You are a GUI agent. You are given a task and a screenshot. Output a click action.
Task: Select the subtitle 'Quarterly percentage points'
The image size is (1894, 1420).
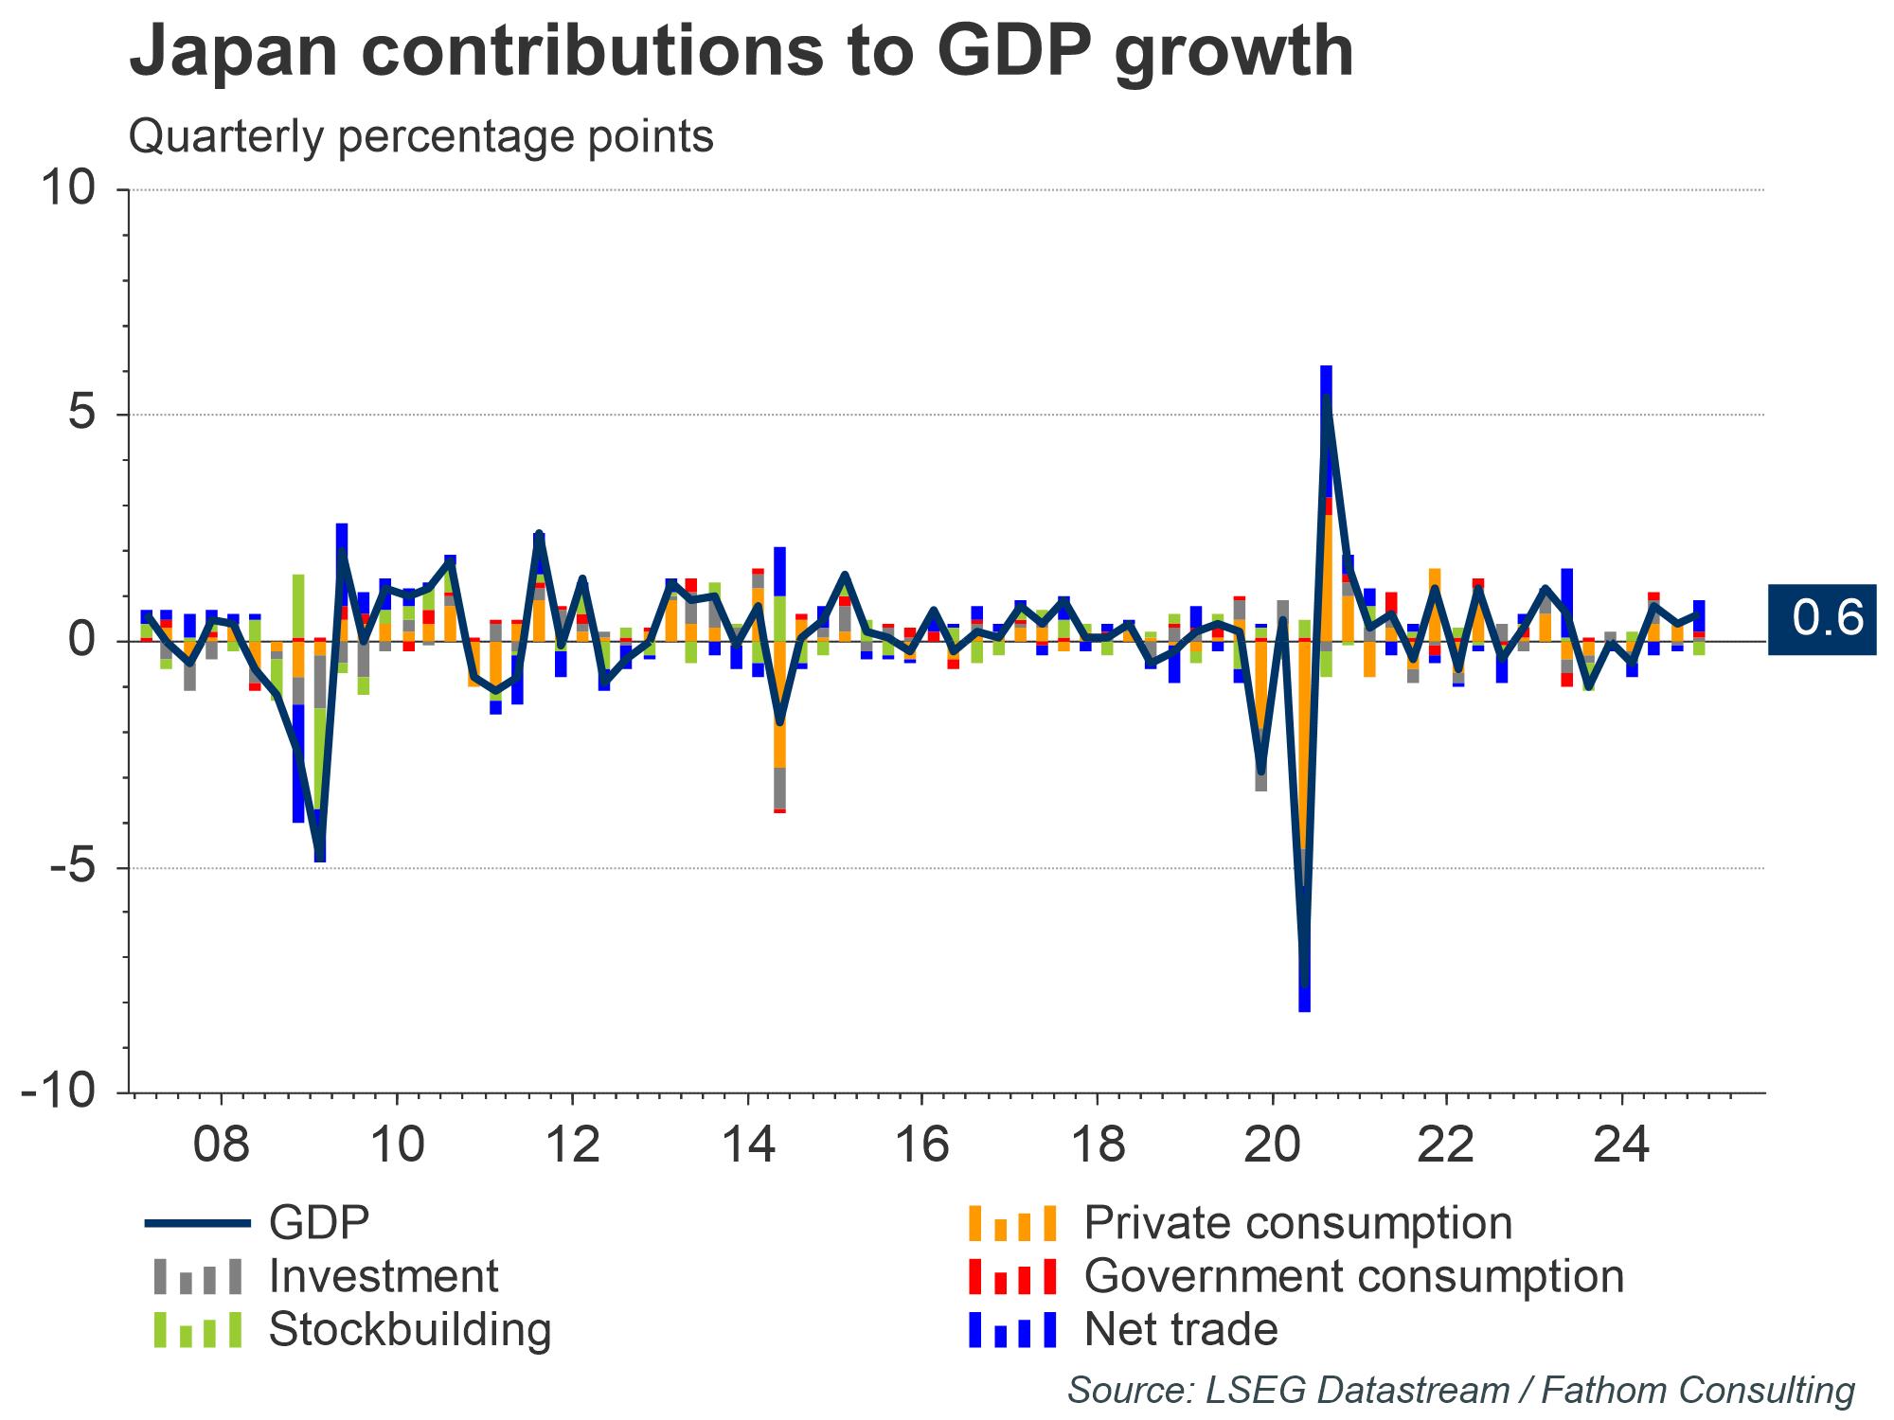(x=420, y=136)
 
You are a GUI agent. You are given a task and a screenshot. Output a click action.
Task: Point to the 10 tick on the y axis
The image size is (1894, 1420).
(x=68, y=189)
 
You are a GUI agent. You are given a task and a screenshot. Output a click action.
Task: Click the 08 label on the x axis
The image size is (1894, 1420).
(x=221, y=1145)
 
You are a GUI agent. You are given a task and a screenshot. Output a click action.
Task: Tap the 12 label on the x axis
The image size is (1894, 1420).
(x=572, y=1145)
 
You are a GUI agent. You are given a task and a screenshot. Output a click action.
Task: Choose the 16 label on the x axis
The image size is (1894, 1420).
(x=922, y=1145)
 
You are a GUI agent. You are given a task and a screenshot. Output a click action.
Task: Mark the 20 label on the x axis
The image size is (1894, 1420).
(x=1272, y=1145)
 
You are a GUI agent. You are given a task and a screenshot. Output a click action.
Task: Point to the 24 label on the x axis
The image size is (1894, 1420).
(x=1622, y=1145)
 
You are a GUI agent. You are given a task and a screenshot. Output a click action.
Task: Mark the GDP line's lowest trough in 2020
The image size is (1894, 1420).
(x=1305, y=985)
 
